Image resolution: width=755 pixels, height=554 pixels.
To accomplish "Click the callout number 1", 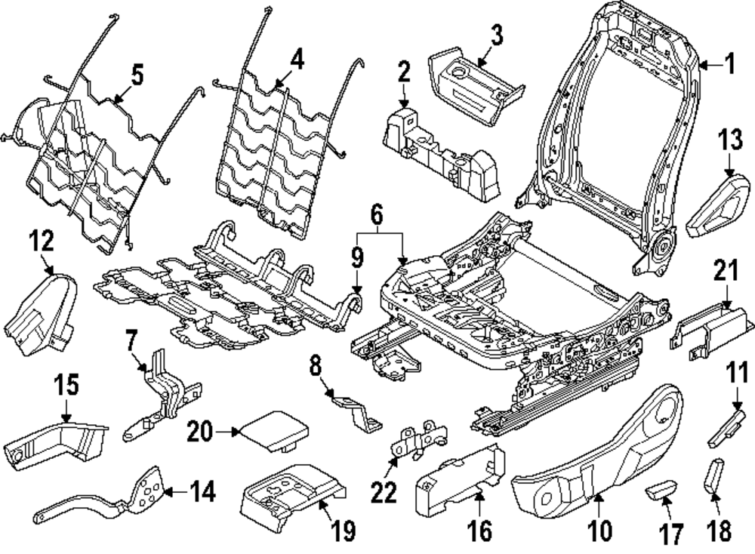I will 729,65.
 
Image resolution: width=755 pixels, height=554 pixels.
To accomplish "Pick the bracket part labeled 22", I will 420,442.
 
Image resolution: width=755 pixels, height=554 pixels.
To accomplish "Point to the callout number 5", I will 137,75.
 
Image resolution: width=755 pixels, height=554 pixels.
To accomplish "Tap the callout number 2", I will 404,72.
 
